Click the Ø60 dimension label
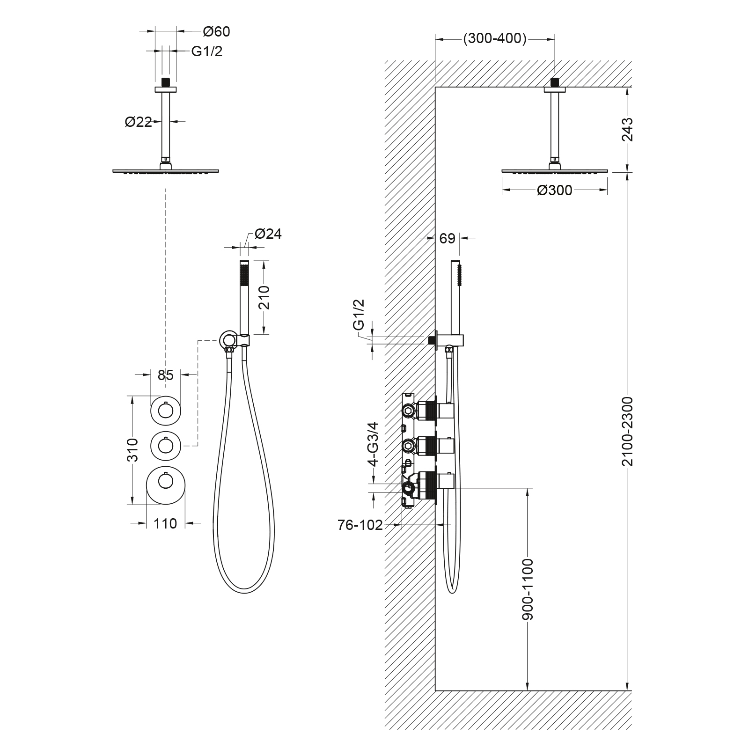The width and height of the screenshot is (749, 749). coord(216,32)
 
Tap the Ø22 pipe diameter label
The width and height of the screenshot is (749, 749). coord(138,122)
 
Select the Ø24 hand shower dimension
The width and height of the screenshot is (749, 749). coord(268,234)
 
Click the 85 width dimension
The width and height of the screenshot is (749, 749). coord(166,374)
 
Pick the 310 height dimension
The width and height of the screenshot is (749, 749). coord(133,450)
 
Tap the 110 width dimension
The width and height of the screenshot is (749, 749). coord(165,523)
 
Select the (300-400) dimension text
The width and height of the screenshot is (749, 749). coord(495,39)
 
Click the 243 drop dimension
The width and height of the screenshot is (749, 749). coord(627,129)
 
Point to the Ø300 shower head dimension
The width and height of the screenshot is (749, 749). coord(555,190)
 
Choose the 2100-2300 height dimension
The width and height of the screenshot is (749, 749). coord(627,431)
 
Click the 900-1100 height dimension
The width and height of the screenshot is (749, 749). coord(528,589)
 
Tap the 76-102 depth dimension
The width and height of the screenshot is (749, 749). coord(360,525)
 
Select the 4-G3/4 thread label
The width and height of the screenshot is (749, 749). coord(373,444)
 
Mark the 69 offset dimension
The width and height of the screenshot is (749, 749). coord(448,238)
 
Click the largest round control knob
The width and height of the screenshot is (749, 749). coord(165,485)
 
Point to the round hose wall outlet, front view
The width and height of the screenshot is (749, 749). coord(228,339)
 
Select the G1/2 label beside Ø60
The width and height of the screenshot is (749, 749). coord(207,51)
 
